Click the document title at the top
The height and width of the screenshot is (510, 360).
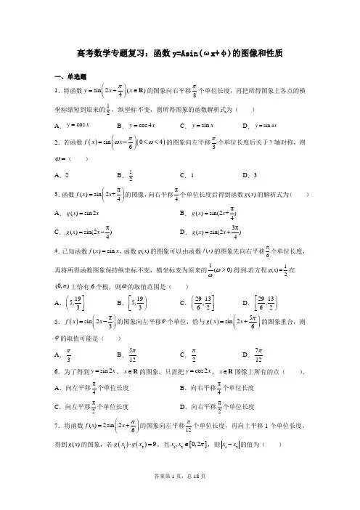(x=179, y=54)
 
